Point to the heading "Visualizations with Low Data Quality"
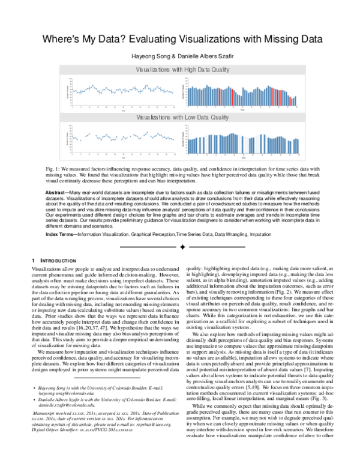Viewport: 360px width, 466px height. (x=179, y=116)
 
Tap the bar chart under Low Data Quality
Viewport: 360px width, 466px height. (x=240, y=139)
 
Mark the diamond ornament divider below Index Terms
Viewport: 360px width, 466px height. (x=179, y=245)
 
